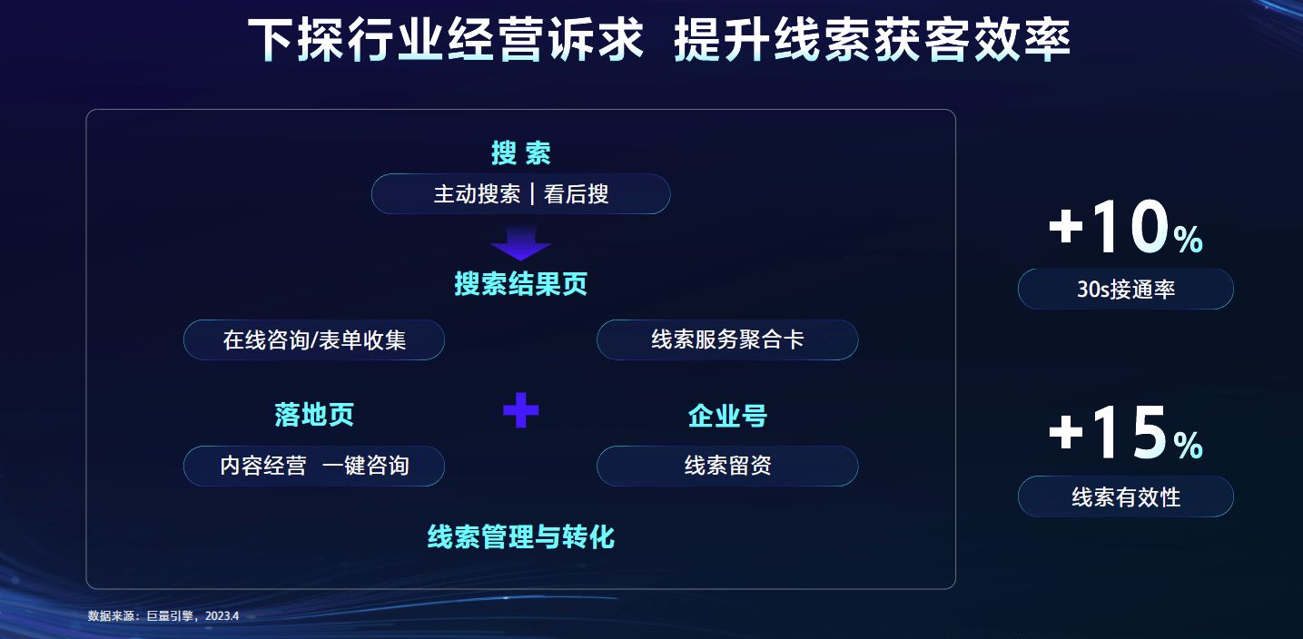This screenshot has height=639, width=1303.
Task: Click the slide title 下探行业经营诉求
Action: [446, 41]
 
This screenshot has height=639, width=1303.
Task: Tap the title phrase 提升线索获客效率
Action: [872, 41]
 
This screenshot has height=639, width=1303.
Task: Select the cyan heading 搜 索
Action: [520, 152]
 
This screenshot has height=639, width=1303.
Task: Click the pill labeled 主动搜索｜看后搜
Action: [520, 194]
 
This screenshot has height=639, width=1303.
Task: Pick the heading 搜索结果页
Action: [520, 284]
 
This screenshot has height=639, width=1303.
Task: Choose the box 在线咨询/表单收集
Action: [314, 340]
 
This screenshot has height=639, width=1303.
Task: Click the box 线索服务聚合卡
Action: [726, 340]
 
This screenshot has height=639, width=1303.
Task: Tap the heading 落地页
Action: [314, 415]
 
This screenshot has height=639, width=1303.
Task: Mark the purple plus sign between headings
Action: [520, 410]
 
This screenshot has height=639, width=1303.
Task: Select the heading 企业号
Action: [726, 416]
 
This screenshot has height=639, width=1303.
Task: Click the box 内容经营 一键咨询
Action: [314, 466]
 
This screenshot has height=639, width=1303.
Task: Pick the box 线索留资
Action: [726, 466]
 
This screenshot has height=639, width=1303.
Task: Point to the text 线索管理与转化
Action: [520, 536]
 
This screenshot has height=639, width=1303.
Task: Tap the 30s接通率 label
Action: [1125, 290]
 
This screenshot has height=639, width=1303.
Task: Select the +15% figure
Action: [1125, 433]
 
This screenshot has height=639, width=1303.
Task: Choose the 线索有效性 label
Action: [1125, 497]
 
